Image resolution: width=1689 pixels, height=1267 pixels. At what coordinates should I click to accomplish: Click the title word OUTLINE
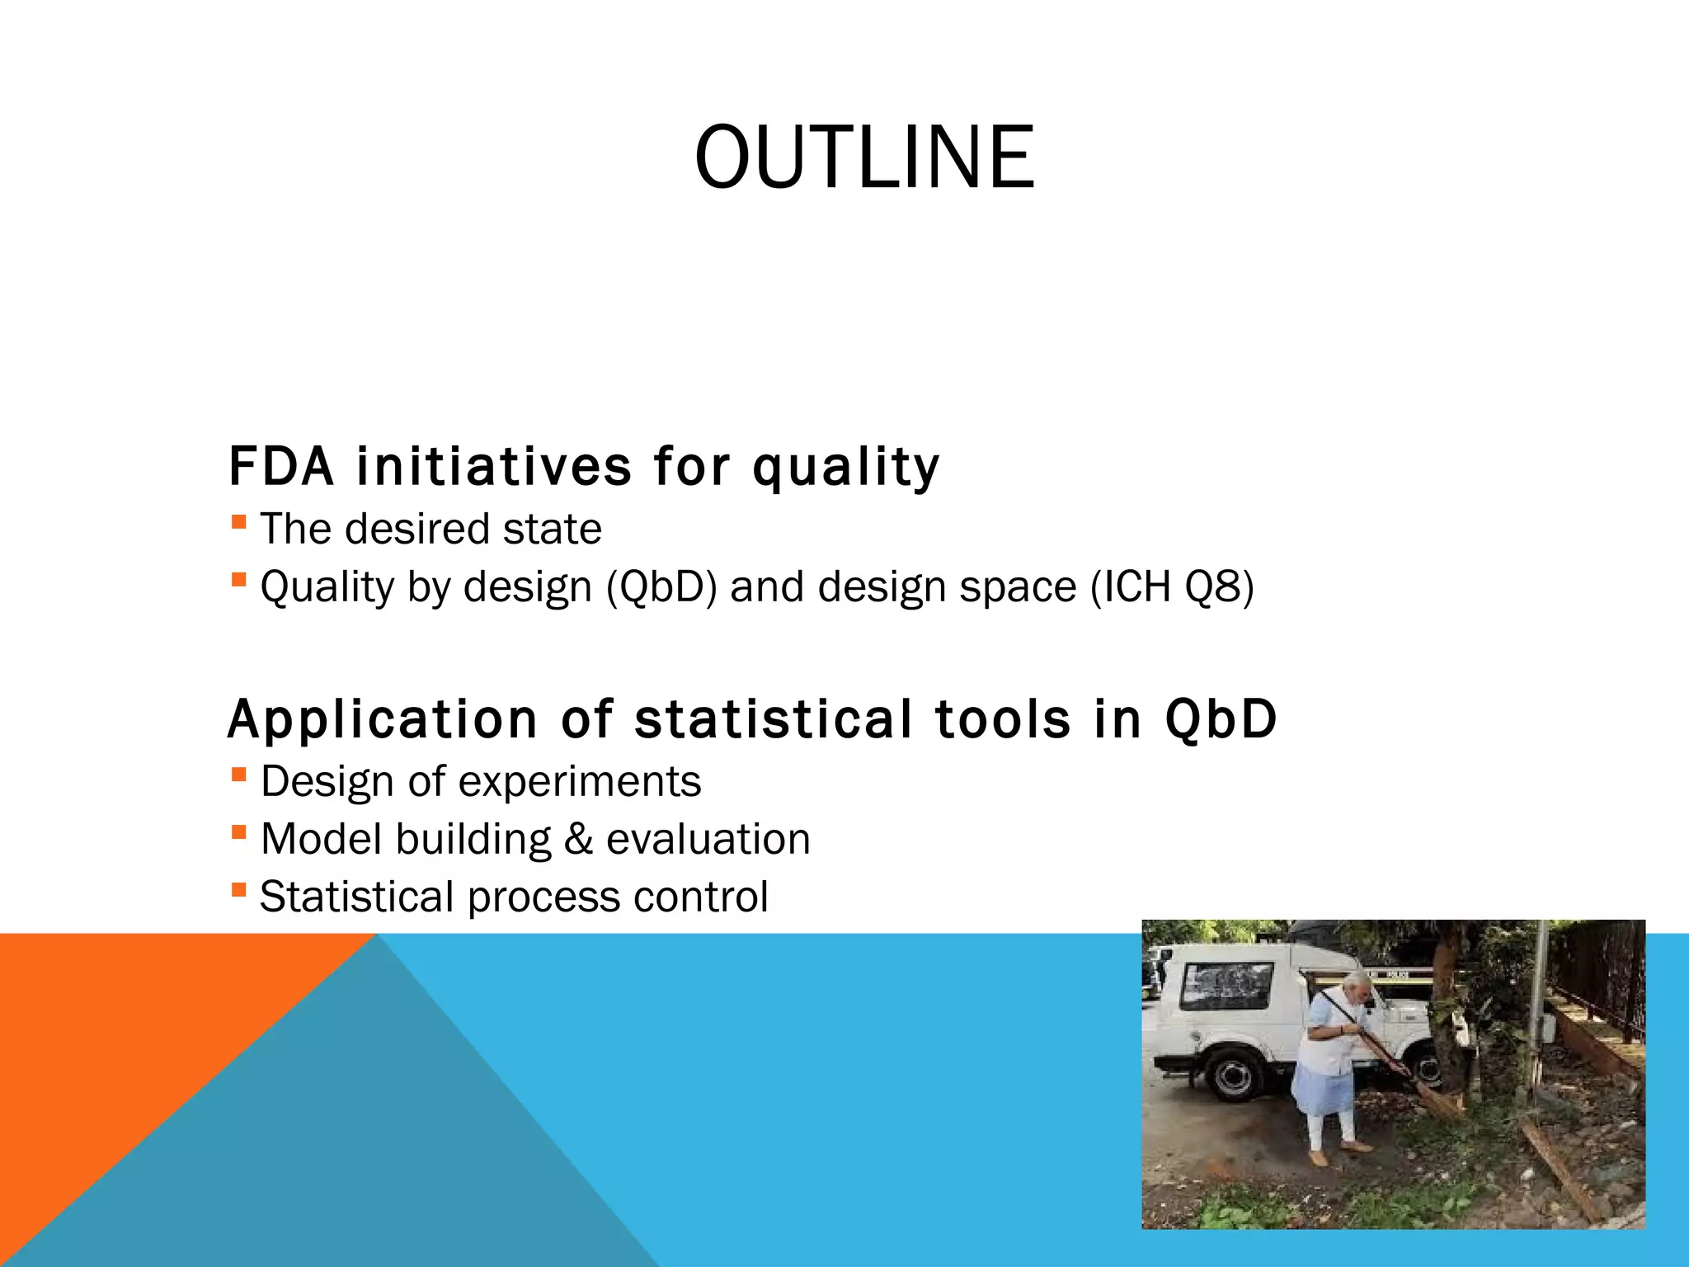[864, 158]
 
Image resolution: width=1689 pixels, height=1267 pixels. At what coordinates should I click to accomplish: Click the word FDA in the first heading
[281, 467]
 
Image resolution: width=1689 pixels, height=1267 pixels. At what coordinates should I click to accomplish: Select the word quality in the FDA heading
[846, 469]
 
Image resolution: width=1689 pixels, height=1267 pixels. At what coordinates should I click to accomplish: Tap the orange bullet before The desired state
[239, 522]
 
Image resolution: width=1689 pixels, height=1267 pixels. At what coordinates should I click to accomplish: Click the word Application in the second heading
[383, 719]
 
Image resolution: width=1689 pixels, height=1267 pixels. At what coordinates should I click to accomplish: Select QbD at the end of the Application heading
[1221, 719]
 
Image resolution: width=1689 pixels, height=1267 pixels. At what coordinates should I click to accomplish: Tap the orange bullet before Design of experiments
[239, 775]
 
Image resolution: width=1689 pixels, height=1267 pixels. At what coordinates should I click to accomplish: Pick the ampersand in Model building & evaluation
[578, 840]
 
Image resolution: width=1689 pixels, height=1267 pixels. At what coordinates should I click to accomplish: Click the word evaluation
[708, 840]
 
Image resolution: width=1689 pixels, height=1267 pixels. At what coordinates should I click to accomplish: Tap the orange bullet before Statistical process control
[239, 890]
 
